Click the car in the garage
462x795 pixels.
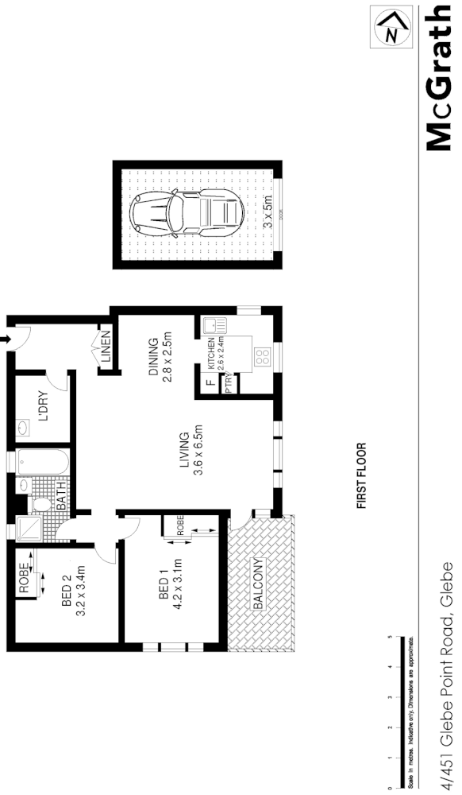click(x=187, y=214)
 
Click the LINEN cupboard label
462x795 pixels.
click(x=106, y=349)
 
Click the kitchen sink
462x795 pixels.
click(x=214, y=325)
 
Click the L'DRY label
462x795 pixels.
click(x=44, y=407)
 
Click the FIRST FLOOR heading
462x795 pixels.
click(x=361, y=475)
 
